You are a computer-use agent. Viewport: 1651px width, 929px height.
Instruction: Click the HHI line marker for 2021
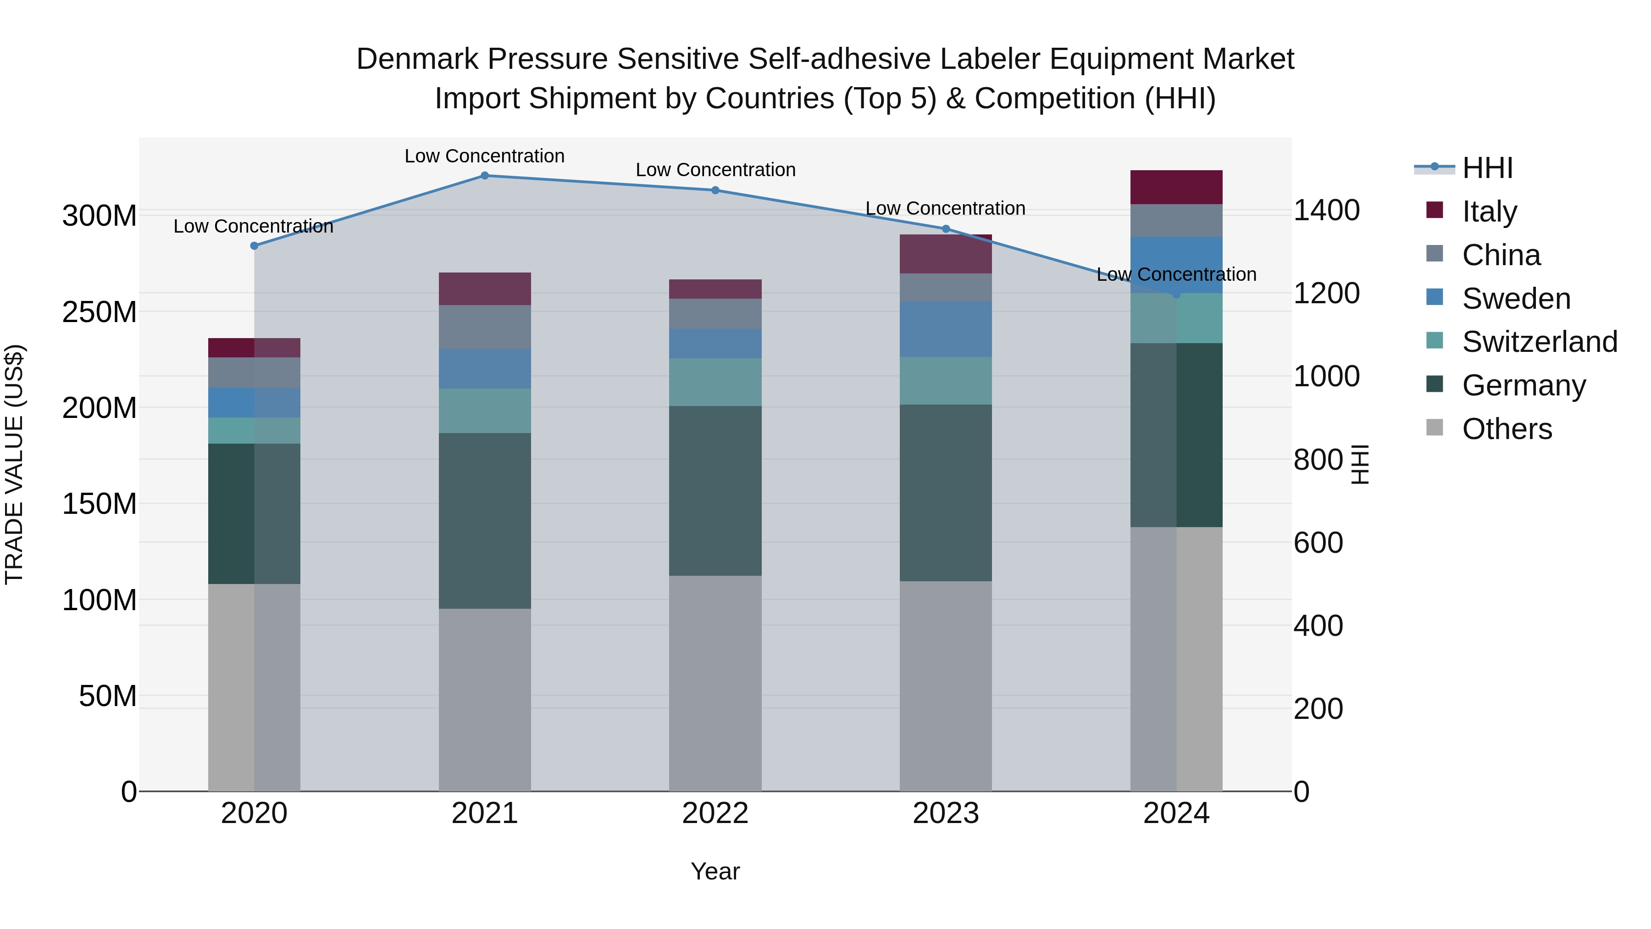485,176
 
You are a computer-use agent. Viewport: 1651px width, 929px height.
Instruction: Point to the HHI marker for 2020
255,245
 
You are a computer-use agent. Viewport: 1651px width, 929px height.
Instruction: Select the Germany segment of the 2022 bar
715,490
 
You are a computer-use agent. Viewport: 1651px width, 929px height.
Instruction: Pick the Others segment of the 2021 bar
485,700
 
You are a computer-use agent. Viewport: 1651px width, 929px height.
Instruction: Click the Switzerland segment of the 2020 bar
255,431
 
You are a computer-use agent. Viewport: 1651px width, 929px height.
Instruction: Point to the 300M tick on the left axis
100,216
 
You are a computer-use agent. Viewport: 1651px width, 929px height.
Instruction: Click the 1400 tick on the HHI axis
1326,210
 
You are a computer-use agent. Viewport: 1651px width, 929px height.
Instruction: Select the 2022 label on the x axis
715,813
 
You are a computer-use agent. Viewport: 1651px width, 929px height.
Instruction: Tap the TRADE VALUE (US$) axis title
14,464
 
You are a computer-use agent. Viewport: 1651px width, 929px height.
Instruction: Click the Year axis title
715,871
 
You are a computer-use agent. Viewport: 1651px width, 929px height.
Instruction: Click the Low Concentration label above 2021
485,156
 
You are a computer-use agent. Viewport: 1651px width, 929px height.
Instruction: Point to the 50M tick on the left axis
107,695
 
